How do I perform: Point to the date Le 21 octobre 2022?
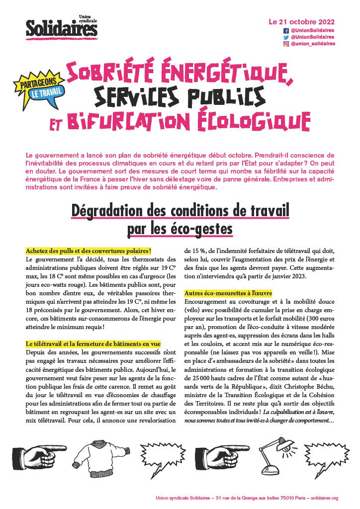[x=301, y=22]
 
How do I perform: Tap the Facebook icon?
[x=286, y=30]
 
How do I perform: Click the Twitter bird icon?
[x=286, y=37]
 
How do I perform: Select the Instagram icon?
[x=286, y=44]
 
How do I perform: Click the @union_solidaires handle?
[x=313, y=44]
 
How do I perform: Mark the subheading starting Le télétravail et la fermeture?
[x=93, y=343]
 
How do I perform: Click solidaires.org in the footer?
[x=323, y=498]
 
